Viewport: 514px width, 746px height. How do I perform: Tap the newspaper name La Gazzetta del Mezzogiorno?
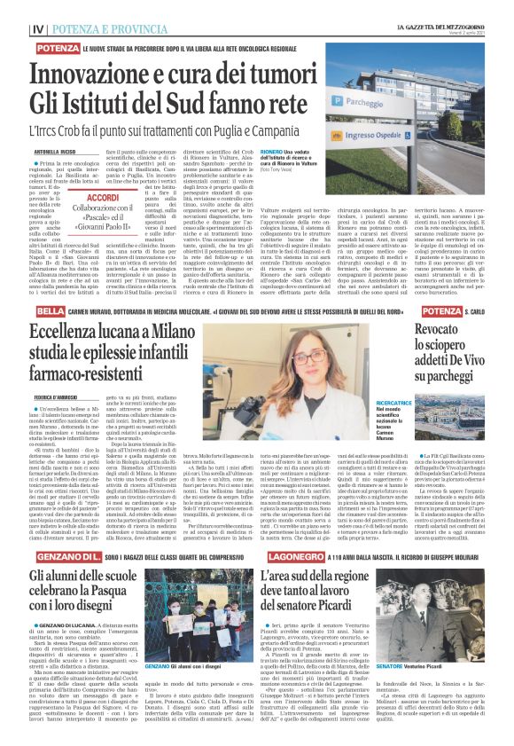(445, 7)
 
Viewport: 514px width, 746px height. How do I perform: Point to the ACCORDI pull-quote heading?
(104, 199)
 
